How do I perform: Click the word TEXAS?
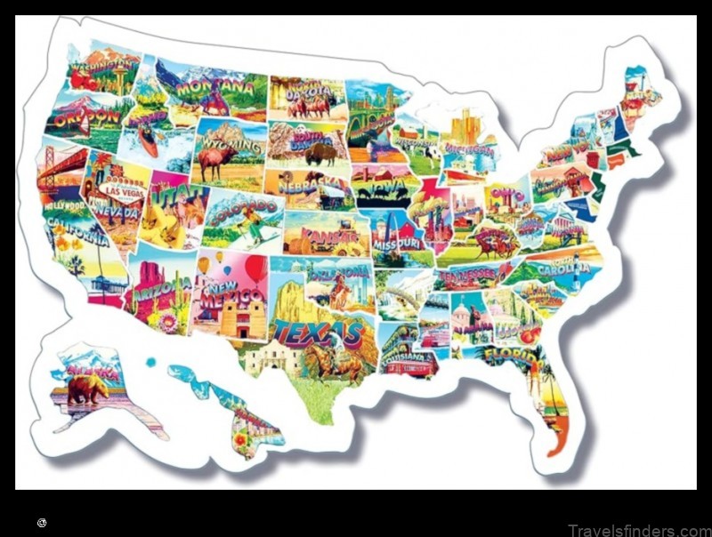(x=319, y=333)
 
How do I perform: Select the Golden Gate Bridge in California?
(x=62, y=169)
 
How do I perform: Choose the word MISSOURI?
(x=395, y=243)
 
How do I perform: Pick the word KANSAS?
(x=321, y=236)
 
